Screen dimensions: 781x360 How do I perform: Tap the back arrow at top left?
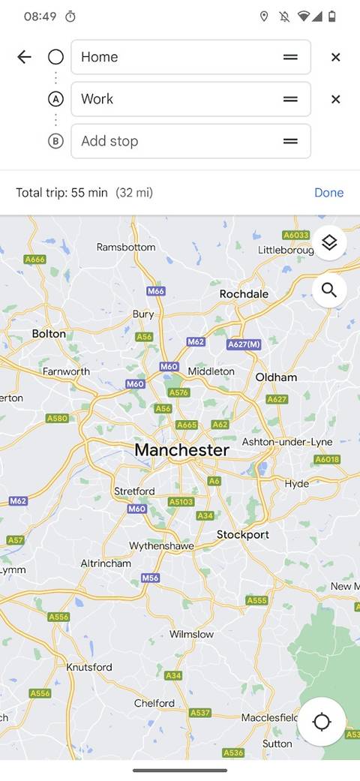pos(24,57)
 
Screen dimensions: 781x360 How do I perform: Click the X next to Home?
pos(335,57)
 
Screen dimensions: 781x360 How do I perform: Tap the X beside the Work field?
pos(335,99)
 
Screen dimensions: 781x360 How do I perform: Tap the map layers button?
pos(329,242)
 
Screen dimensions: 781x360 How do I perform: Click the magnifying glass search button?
pos(329,290)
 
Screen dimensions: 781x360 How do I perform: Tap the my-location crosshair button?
pos(321,722)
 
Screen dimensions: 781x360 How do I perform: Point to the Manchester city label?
pos(181,450)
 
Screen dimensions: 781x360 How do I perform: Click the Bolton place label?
pos(49,333)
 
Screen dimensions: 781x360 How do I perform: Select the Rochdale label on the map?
pos(244,294)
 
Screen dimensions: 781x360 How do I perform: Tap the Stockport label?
pos(242,535)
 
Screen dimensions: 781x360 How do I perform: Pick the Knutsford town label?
pos(89,667)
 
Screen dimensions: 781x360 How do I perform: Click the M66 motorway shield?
pos(156,291)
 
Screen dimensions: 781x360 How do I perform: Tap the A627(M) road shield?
pos(243,344)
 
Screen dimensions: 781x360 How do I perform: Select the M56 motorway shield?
pos(151,578)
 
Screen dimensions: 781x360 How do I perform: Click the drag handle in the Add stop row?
pos(290,141)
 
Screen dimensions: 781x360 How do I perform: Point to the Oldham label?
pos(276,377)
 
